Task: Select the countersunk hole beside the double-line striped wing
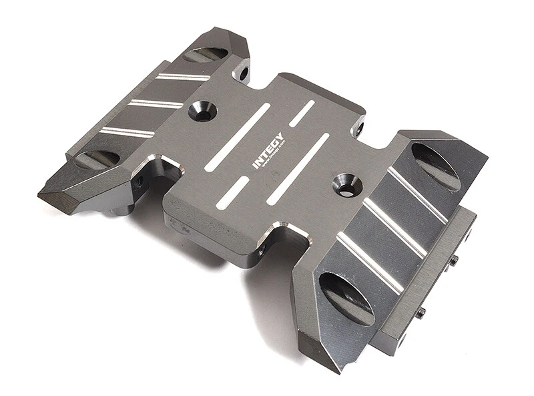click(x=202, y=111)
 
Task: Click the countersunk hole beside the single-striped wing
click(x=346, y=184)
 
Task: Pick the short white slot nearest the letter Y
click(x=302, y=114)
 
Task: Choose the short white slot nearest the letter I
click(x=233, y=193)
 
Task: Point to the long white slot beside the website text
click(x=298, y=169)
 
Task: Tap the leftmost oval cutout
click(x=97, y=159)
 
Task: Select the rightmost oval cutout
click(x=436, y=166)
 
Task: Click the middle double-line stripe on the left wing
click(x=156, y=104)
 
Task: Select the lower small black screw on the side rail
click(x=421, y=312)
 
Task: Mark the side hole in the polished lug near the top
click(x=244, y=70)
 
